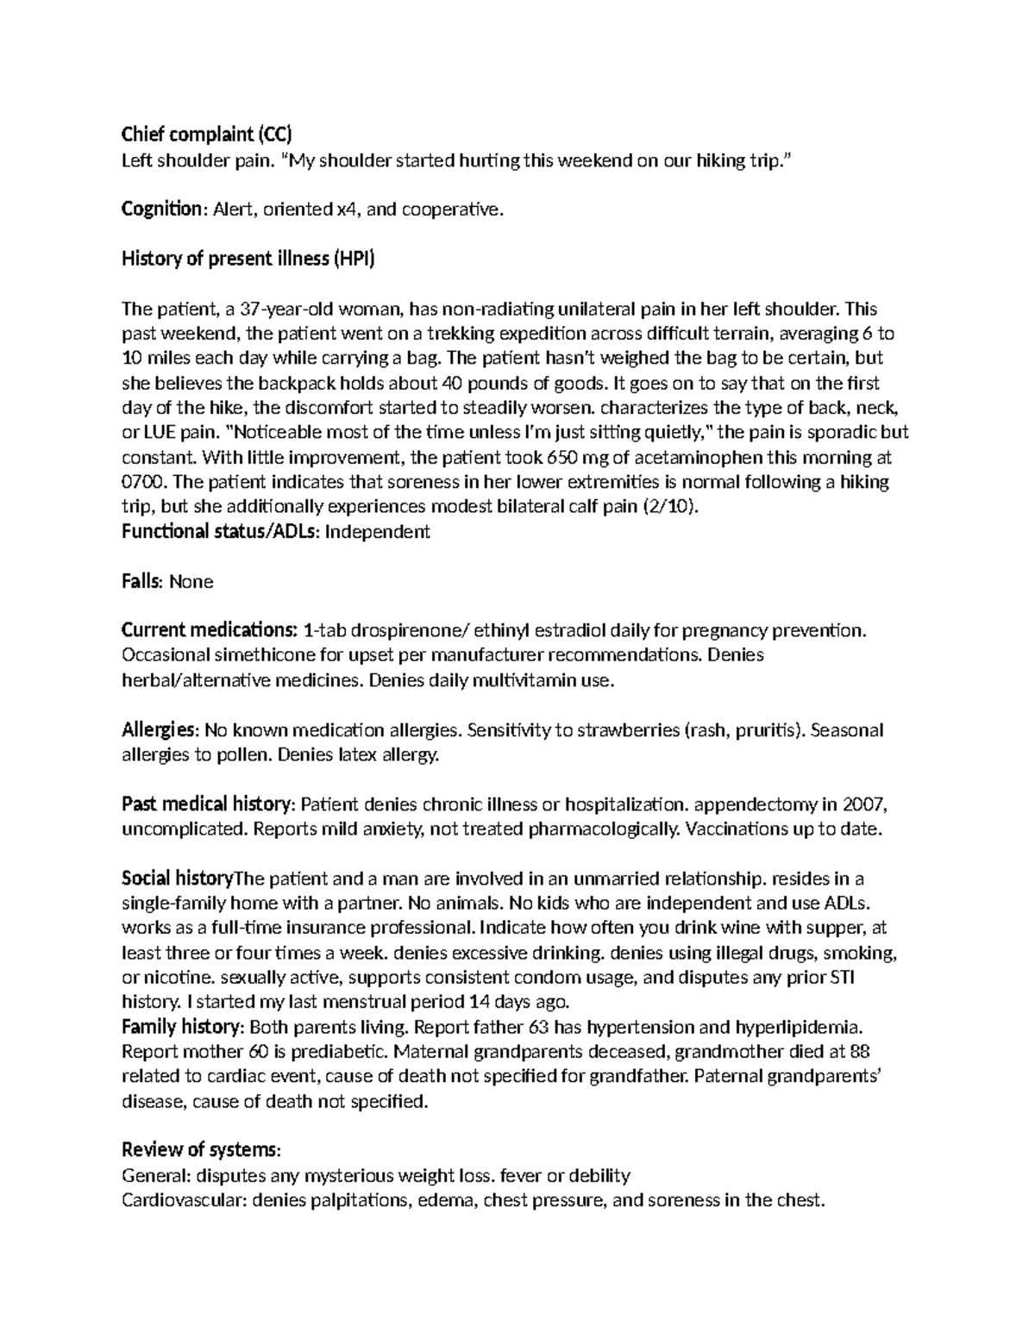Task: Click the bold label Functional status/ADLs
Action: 220,532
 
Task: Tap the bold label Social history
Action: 177,879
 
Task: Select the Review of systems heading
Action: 201,1150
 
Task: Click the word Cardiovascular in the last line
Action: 183,1200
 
